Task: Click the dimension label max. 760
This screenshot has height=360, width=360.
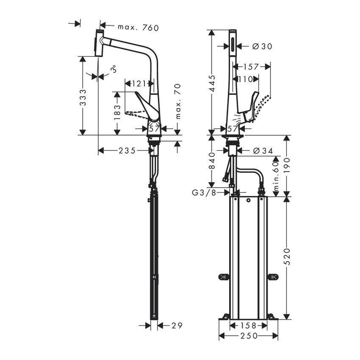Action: coord(132,28)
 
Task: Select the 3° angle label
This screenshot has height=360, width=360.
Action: coord(113,69)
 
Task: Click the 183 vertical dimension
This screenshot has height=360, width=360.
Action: coord(117,113)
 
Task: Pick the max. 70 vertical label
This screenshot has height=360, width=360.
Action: coord(178,101)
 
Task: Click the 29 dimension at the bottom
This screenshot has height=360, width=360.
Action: coord(177,325)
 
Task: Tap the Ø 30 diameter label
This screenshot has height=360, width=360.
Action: coord(258,46)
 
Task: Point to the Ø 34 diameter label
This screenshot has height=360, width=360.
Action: coord(259,150)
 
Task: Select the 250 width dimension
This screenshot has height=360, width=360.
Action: coord(248,336)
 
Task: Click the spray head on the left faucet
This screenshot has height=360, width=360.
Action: coord(99,43)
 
